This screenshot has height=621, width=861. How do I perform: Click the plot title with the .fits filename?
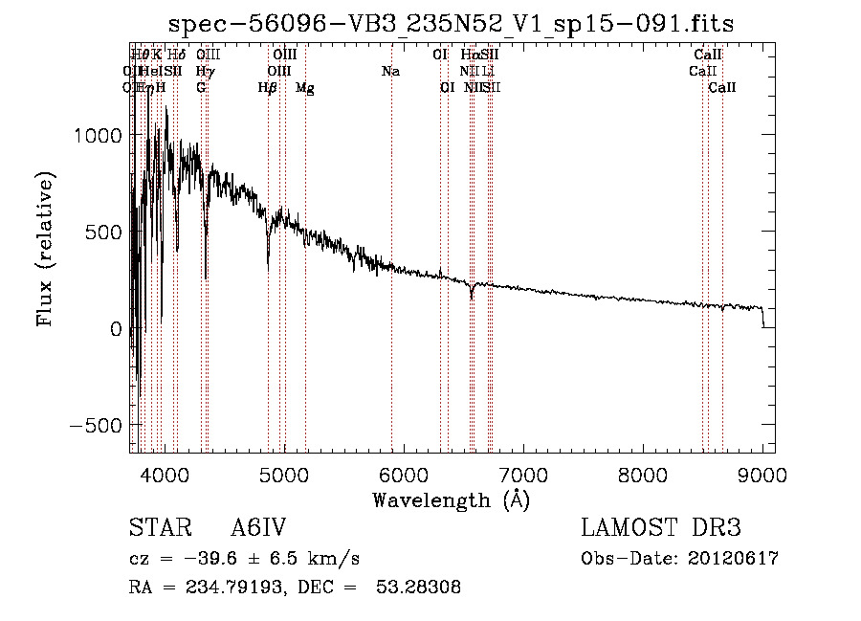click(x=451, y=25)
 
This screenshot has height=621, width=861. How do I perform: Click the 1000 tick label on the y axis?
click(x=99, y=136)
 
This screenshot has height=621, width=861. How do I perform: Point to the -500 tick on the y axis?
click(x=95, y=425)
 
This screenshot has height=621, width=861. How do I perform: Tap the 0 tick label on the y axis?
click(x=115, y=328)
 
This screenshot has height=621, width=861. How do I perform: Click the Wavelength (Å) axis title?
click(x=451, y=499)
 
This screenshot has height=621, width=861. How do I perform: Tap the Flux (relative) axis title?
click(x=46, y=249)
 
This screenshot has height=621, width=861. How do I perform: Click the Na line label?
click(x=390, y=71)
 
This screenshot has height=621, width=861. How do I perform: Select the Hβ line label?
click(x=268, y=88)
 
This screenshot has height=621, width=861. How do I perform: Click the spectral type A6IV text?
click(x=258, y=528)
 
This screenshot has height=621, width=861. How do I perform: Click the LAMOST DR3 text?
click(x=661, y=528)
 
